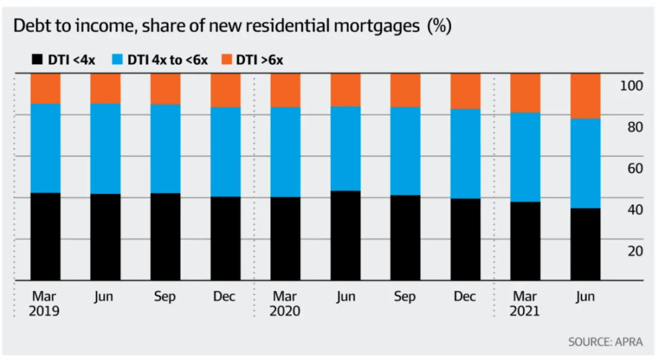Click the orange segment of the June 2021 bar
click(585, 96)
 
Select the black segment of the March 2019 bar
click(45, 237)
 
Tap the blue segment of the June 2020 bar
click(346, 148)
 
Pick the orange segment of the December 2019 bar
click(226, 90)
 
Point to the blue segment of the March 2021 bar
click(525, 157)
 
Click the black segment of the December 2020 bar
click(465, 239)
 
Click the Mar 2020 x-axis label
click(285, 304)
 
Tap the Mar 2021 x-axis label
click(525, 304)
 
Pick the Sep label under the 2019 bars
click(165, 297)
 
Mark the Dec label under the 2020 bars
click(465, 297)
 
